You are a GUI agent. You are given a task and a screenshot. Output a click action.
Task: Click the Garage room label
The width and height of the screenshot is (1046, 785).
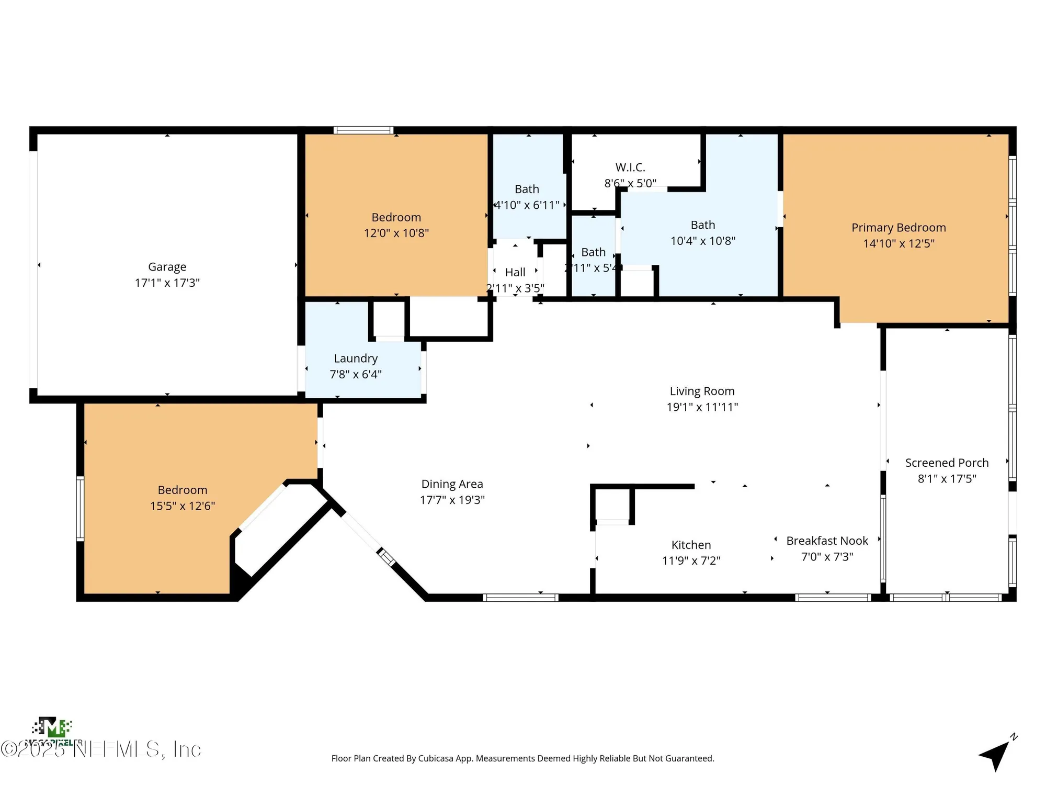coord(167,267)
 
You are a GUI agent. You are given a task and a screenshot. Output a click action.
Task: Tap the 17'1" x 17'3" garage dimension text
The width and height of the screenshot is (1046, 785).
coord(167,283)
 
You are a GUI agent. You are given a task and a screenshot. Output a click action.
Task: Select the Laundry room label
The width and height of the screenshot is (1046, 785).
coord(356,358)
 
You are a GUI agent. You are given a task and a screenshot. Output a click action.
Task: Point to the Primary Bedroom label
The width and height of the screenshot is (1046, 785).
coord(899,228)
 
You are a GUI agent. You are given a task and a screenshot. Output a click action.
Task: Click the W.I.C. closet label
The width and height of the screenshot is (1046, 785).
coord(630,167)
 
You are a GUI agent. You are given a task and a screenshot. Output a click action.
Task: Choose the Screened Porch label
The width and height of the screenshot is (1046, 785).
coord(947,463)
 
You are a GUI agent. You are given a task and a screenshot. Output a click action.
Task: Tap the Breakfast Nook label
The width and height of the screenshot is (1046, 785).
coord(827,541)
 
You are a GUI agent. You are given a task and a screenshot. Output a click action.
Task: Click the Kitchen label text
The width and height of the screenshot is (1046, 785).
coord(691,545)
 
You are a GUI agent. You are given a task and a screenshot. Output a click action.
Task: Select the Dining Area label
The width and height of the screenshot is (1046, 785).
coord(452,484)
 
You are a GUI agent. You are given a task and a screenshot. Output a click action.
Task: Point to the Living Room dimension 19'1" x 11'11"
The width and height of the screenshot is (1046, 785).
coord(702,407)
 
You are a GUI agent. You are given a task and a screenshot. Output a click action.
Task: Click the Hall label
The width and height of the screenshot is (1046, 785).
coord(515,272)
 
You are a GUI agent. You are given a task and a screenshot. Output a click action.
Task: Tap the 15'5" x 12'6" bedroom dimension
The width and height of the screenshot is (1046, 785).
coord(183,506)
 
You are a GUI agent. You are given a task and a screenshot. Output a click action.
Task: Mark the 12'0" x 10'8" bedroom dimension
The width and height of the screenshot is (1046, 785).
coord(396,233)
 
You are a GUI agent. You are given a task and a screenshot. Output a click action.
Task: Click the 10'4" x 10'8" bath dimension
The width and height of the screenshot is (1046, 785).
coord(702,241)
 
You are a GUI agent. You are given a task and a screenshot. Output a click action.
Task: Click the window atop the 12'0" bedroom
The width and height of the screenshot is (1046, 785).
coord(363,130)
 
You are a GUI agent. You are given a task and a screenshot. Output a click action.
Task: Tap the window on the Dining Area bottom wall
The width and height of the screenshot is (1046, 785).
coord(520,597)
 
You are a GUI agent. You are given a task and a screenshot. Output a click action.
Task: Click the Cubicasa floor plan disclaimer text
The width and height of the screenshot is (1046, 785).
coord(522,758)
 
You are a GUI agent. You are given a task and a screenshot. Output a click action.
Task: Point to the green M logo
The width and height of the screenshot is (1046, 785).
coord(52,727)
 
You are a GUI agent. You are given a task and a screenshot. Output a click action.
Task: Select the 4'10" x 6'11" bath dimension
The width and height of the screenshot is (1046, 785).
coord(527,205)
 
